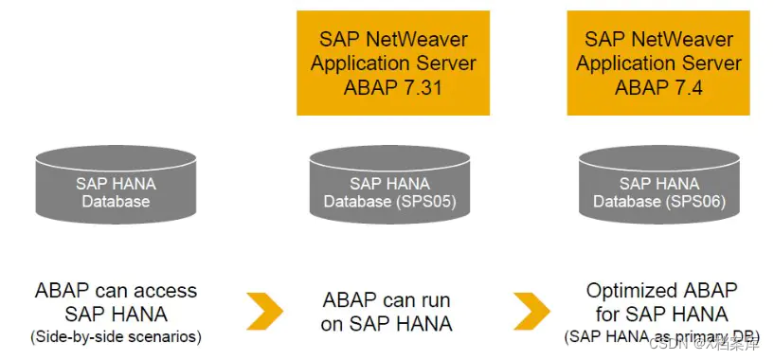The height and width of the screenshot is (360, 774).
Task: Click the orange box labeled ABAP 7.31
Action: coord(393,63)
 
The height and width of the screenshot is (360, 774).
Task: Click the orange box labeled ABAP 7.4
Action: coord(659,63)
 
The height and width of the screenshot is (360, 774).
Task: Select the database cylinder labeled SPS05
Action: coord(389,187)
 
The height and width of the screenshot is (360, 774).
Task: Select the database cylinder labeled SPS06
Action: coord(659,187)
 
